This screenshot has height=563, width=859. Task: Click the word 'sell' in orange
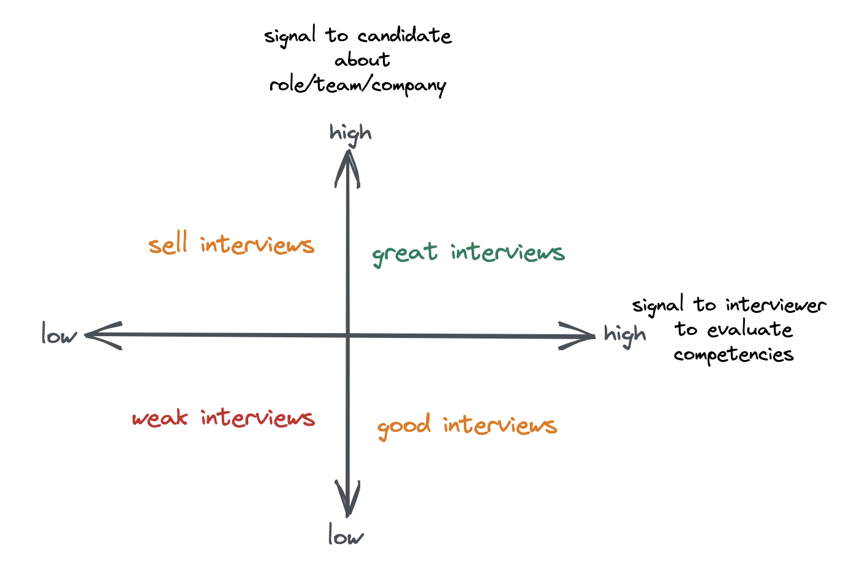[167, 245]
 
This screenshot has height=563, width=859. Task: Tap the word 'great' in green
[405, 253]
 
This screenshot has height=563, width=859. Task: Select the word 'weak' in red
[160, 418]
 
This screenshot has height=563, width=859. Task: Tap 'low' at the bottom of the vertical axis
[346, 536]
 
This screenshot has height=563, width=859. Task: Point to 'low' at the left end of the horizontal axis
[59, 335]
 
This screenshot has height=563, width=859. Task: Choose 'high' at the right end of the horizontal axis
[624, 335]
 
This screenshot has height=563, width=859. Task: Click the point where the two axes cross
[347, 335]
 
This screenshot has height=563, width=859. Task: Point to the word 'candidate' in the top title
[405, 36]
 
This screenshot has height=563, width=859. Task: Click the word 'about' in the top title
[362, 60]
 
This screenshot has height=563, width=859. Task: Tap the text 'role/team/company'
[358, 85]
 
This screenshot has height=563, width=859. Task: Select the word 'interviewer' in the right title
[776, 305]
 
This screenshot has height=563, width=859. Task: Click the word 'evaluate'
[750, 330]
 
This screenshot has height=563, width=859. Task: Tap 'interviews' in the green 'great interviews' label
[507, 253]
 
